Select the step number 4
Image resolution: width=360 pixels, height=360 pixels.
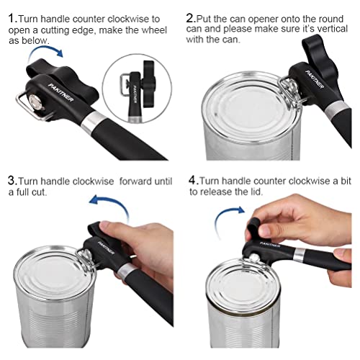point(193,179)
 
